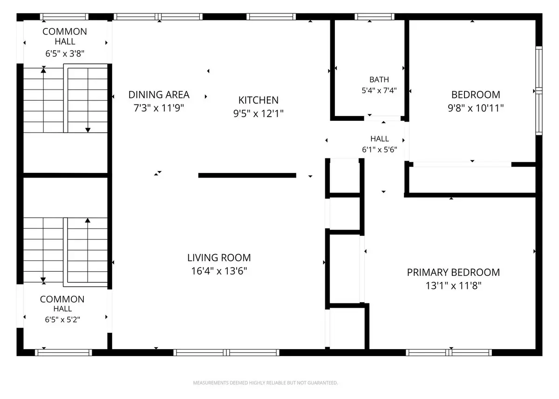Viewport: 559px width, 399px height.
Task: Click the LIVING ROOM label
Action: pyautogui.click(x=219, y=258)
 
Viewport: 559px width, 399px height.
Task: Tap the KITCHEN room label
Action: pyautogui.click(x=258, y=100)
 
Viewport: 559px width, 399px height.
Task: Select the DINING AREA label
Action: pyautogui.click(x=159, y=95)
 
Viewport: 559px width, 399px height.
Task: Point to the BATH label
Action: pyautogui.click(x=379, y=79)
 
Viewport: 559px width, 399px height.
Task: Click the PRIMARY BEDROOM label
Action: pyautogui.click(x=453, y=272)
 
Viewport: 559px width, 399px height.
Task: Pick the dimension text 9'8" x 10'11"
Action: pyautogui.click(x=476, y=108)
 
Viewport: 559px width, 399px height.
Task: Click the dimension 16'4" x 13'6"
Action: pyautogui.click(x=219, y=271)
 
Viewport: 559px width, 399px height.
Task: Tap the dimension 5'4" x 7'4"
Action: pyautogui.click(x=379, y=90)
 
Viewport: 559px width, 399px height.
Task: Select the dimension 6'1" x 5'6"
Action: pyautogui.click(x=379, y=149)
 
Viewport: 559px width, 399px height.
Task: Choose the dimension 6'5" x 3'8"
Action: pyautogui.click(x=65, y=54)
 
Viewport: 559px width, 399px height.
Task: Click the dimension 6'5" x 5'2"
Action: pyautogui.click(x=62, y=319)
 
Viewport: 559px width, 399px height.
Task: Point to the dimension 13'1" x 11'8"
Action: pyautogui.click(x=453, y=286)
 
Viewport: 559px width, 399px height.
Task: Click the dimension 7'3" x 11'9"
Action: pyautogui.click(x=159, y=108)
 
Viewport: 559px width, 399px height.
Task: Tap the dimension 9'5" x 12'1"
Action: pyautogui.click(x=258, y=113)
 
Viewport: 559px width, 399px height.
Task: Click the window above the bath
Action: pyautogui.click(x=375, y=17)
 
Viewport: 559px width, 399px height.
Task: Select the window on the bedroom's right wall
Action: pyautogui.click(x=539, y=90)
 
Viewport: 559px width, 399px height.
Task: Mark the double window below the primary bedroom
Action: pyautogui.click(x=449, y=352)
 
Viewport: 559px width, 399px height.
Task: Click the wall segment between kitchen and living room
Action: pyautogui.click(x=247, y=175)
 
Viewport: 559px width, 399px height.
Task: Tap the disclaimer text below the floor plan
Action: pyautogui.click(x=265, y=383)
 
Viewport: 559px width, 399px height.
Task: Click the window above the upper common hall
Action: pyautogui.click(x=64, y=17)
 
